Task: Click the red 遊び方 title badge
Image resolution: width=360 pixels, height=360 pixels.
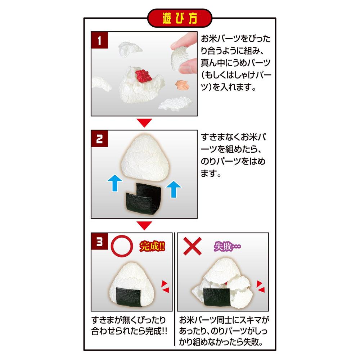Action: coord(180,18)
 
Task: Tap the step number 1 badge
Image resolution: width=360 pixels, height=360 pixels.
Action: coord(99,40)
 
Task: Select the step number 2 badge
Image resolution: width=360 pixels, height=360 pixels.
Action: coord(99,139)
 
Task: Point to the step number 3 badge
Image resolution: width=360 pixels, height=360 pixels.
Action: coord(99,241)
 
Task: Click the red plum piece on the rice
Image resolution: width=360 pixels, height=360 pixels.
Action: coord(143,76)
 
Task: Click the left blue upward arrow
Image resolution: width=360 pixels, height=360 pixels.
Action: coord(115,183)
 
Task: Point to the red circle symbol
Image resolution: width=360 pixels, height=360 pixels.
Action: coord(122,246)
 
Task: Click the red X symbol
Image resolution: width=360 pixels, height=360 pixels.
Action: coord(192,246)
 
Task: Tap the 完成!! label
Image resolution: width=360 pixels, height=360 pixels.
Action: coord(152,246)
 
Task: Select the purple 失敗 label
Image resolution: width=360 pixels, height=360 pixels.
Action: coord(227,247)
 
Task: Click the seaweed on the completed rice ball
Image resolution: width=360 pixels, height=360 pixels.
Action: coord(129,297)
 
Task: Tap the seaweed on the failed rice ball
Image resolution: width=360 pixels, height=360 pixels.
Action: coord(217,297)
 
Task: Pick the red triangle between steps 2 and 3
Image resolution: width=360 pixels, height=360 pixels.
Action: coord(144,225)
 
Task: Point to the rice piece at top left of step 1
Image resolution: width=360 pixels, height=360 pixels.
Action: coord(130,49)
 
